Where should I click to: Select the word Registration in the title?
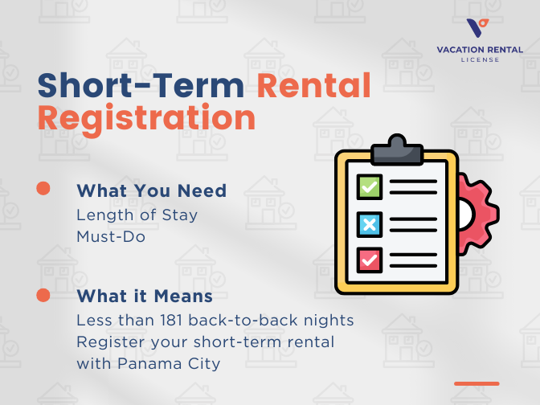pyautogui.click(x=146, y=118)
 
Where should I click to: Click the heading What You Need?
pyautogui.click(x=151, y=190)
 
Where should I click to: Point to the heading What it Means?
pyautogui.click(x=144, y=296)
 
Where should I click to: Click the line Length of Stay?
pyautogui.click(x=137, y=215)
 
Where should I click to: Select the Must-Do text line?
pyautogui.click(x=111, y=237)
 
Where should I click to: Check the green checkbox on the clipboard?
pyautogui.click(x=369, y=187)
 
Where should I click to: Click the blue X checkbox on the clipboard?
pyautogui.click(x=369, y=223)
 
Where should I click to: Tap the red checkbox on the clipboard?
pyautogui.click(x=369, y=260)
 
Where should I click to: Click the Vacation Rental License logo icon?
pyautogui.click(x=477, y=30)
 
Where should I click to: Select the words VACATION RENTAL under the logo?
pyautogui.click(x=478, y=49)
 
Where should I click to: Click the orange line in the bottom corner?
pyautogui.click(x=477, y=383)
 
